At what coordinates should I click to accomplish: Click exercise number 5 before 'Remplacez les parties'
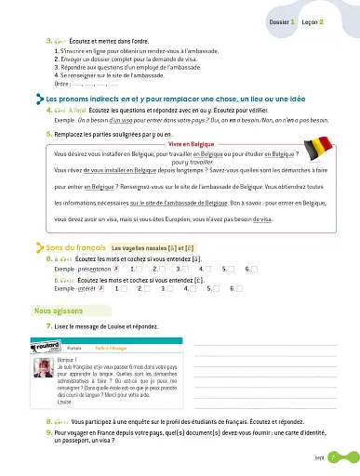click(47, 136)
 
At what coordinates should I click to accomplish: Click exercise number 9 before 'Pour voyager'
click(47, 432)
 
